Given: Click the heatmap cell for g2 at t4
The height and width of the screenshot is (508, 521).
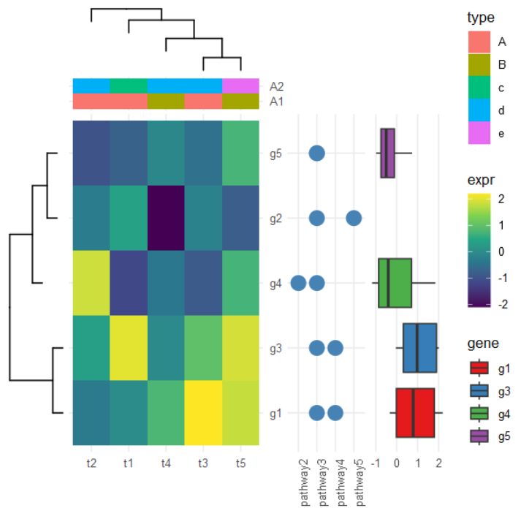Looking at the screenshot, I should pos(166,218).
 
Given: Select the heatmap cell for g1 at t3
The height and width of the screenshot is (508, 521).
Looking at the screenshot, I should pos(203,413).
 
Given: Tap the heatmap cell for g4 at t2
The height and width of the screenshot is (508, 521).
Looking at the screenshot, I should pos(91,283).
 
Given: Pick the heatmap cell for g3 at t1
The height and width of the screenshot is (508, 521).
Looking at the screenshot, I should pos(129,348).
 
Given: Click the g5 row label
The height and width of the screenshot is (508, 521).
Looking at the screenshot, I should pos(275,153).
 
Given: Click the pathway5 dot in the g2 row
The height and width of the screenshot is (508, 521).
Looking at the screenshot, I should pos(354,218).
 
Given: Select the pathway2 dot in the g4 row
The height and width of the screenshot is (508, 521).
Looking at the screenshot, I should pos(298,283).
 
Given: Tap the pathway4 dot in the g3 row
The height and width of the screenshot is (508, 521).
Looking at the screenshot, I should pos(335,348).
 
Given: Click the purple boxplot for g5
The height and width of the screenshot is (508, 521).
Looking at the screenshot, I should pos(387,153).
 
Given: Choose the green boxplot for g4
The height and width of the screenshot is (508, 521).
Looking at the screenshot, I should pos(395,283).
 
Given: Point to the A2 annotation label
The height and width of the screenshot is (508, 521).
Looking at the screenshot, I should pos(276,86).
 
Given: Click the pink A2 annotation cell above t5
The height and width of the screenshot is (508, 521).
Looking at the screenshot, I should pos(240,86).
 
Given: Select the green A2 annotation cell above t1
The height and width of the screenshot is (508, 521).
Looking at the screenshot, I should pos(129,86).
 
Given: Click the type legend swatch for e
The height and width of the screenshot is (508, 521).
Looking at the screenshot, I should pos(479,133).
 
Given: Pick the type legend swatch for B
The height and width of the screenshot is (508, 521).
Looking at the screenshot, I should pos(479,64).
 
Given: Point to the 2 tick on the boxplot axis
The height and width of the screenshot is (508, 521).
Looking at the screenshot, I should pos(437,462).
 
